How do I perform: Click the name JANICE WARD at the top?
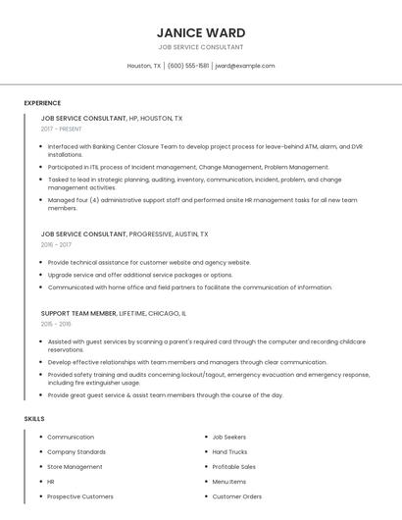201,32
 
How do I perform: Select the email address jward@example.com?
244,66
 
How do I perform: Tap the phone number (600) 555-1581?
188,66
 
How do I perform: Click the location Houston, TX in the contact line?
144,66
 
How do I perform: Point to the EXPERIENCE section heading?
42,103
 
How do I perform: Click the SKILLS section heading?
34,418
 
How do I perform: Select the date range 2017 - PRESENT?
63,130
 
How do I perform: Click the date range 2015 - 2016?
56,324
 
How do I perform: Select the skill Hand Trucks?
229,451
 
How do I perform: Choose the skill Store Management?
75,467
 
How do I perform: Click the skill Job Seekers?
229,437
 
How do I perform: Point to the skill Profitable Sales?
234,467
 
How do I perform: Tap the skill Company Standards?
77,451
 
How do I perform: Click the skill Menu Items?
229,482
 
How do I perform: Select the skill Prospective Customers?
80,496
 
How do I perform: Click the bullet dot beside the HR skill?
38,482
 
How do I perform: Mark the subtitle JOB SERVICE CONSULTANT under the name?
201,47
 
